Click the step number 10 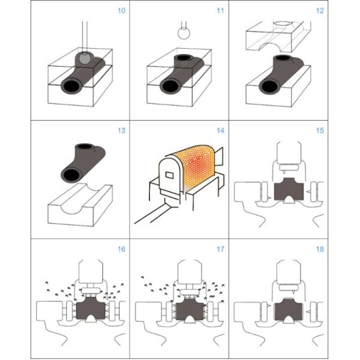[x=121, y=11]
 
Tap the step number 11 [x=220, y=11]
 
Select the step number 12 [x=320, y=11]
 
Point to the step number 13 [x=121, y=131]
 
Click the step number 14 [x=220, y=131]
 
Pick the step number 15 [x=320, y=131]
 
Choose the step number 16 [x=121, y=250]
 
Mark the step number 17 [x=220, y=250]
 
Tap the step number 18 [x=320, y=250]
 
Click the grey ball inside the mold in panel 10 [x=85, y=58]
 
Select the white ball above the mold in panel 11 [x=184, y=33]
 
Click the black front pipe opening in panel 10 [x=72, y=86]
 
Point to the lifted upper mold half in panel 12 [x=278, y=37]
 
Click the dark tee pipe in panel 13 [x=83, y=163]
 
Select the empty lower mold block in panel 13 [x=80, y=205]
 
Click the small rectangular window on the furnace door [x=170, y=175]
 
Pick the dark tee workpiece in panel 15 [x=289, y=190]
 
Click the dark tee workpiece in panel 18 [x=289, y=309]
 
